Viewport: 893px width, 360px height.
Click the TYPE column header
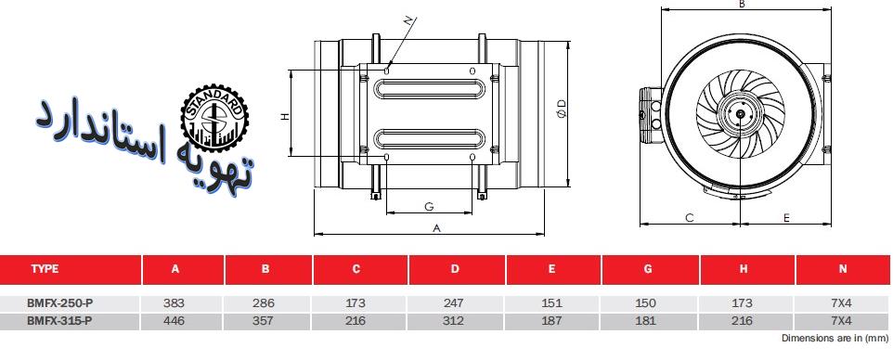click(45, 269)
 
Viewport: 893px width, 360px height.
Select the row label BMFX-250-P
click(59, 303)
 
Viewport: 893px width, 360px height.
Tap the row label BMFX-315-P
click(59, 321)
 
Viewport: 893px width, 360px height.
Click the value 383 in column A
click(174, 303)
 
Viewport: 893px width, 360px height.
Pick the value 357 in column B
click(263, 321)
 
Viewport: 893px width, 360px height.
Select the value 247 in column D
click(453, 303)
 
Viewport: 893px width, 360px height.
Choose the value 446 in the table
click(174, 321)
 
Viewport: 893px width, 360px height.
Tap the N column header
click(843, 269)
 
